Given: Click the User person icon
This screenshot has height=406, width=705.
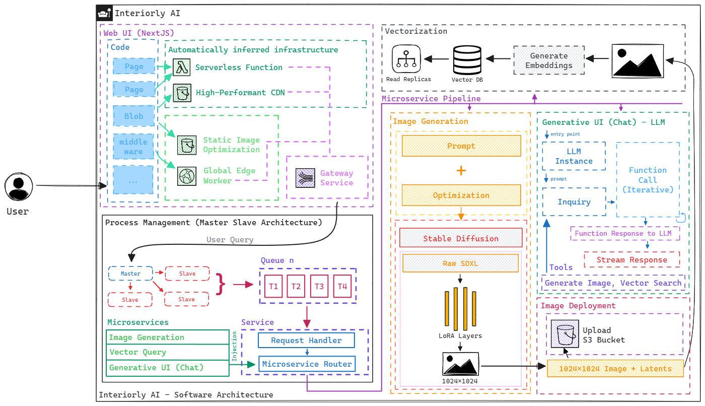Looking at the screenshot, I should coord(19,186).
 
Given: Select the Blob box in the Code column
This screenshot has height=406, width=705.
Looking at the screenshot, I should coord(134,116).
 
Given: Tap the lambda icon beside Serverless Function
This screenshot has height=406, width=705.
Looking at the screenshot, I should coord(181,67).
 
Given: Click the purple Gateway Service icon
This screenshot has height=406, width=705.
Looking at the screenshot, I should coord(305,178).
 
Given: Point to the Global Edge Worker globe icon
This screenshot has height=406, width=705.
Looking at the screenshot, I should coord(187,175).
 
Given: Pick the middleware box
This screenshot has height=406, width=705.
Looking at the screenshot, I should coord(133,147).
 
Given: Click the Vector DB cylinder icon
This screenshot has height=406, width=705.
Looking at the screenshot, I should coord(468,59).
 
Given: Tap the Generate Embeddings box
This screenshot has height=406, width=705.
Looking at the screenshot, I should coord(549,60).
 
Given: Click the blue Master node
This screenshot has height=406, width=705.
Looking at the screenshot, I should coord(131,274).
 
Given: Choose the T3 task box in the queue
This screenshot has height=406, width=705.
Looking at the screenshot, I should coord(319,286).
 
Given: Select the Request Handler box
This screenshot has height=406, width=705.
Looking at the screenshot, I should coord(306,341).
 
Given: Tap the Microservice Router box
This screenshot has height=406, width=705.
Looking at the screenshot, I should coord(306,363).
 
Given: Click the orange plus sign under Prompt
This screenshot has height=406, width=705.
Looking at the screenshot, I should coord(461,171).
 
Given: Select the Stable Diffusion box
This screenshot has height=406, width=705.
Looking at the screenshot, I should coord(461,238).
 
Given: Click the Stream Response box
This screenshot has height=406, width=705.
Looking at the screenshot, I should coord(632,260).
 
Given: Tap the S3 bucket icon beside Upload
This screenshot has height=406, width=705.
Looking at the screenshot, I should coord(564,334).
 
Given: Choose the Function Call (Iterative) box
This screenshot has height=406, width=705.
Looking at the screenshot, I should coord(648,180).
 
